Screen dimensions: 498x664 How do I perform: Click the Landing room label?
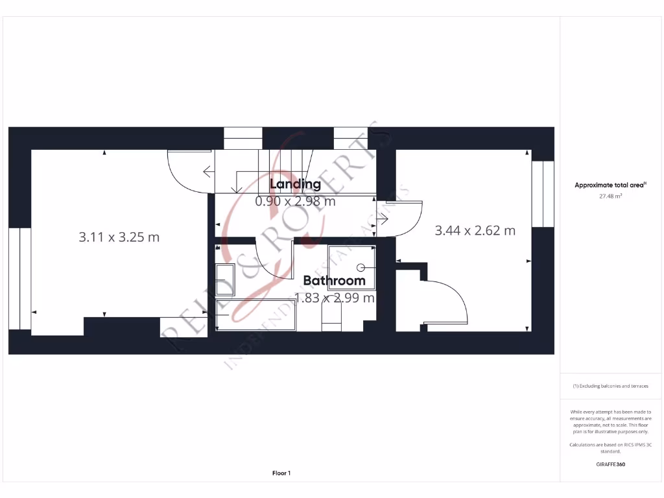coord(295,184)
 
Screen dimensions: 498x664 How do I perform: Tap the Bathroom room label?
coord(334,281)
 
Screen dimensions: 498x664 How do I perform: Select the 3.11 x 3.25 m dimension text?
coord(119,237)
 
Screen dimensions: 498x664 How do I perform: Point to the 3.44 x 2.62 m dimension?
coord(475,230)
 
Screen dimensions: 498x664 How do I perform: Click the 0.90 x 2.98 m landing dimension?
coord(295,201)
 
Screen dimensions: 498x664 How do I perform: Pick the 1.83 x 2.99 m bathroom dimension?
coord(334,298)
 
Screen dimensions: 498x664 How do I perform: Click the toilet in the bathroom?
coord(331,317)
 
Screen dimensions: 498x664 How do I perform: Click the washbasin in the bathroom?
coord(225,279)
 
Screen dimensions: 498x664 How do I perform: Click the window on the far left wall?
coord(20,278)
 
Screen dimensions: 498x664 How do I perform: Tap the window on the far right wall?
coord(543,194)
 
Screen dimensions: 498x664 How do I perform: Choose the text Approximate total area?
coord(610,185)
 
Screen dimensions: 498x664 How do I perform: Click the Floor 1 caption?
coord(281,473)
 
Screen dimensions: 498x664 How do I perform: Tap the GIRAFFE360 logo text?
coord(611,464)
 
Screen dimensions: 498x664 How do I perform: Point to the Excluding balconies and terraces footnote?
coord(611,386)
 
